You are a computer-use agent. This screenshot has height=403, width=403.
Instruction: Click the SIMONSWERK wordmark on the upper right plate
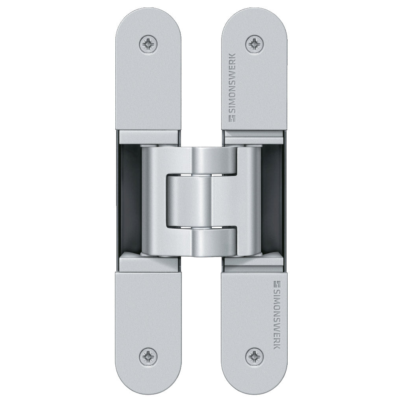233,87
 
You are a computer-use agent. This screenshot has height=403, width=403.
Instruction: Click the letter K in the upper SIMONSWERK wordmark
233,56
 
